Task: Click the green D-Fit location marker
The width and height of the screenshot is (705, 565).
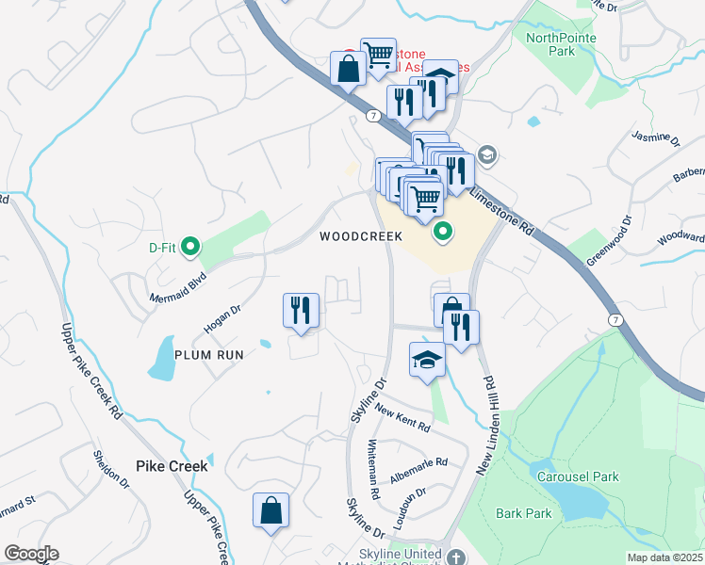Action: point(190,248)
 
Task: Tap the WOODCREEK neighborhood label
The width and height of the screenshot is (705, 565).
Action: point(360,236)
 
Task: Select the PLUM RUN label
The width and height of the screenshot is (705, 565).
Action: point(208,355)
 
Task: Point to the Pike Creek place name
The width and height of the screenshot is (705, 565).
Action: point(171,465)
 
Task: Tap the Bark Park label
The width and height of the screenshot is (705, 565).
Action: point(523,513)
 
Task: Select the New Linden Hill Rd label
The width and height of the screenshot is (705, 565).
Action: point(489,425)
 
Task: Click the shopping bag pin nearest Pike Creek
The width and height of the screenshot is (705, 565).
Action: point(271,510)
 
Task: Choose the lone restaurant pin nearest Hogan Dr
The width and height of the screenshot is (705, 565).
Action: point(302,311)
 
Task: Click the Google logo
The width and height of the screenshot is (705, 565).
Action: point(31,554)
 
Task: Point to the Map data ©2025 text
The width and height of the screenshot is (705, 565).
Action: point(664,557)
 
